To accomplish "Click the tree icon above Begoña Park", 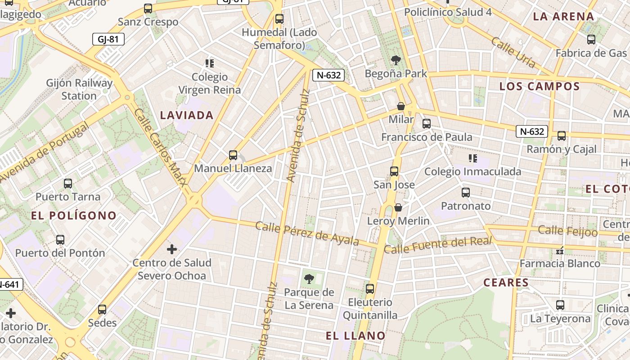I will click(x=396, y=60).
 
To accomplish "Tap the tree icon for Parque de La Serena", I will click(x=309, y=279).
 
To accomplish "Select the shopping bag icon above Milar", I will click(x=400, y=106).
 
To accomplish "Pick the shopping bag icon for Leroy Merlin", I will click(x=398, y=207).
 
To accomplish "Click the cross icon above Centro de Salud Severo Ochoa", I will click(x=171, y=249).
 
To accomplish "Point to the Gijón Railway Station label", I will click(x=79, y=89).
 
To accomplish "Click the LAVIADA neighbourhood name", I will click(x=187, y=115).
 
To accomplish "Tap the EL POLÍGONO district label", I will click(x=74, y=216).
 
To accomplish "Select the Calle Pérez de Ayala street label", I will click(x=307, y=233).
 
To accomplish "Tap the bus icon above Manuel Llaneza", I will click(x=233, y=155).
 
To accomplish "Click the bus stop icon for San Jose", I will click(x=394, y=171).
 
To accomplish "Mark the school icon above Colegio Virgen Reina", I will click(x=209, y=63).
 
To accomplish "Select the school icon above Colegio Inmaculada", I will click(x=472, y=158).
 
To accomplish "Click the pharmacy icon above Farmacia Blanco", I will click(x=560, y=251).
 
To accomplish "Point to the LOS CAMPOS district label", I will click(x=540, y=86).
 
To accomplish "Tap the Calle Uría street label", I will click(x=513, y=53).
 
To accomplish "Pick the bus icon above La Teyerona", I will click(x=560, y=305).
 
